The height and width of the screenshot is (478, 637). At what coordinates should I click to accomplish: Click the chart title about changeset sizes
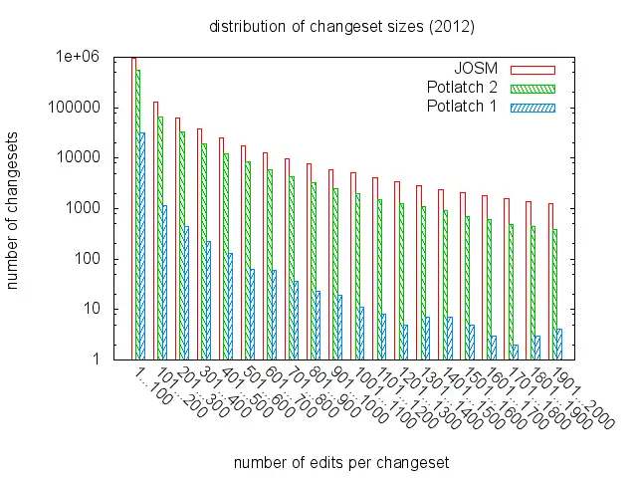coord(341,25)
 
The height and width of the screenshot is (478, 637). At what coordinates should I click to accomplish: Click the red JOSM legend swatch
coord(532,70)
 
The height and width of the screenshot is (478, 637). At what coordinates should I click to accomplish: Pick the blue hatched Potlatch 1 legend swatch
coord(532,107)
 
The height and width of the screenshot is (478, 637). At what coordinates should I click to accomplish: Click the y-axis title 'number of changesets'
coord(14,209)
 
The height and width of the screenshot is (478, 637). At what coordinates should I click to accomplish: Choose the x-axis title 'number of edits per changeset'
coord(340,463)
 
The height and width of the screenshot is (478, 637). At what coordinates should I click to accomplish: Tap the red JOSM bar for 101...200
coord(154,230)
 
